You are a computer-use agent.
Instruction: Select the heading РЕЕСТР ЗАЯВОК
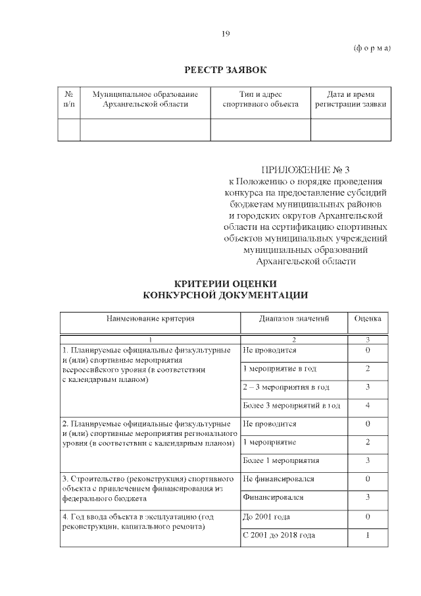[225, 69]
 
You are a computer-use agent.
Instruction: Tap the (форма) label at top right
[372, 49]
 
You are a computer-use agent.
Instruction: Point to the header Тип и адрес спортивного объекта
[260, 99]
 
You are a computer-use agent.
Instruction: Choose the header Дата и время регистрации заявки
[351, 99]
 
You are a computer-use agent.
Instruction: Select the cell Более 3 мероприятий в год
[291, 405]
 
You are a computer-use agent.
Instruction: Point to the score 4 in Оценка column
[368, 405]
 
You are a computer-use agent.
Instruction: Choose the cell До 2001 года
[266, 516]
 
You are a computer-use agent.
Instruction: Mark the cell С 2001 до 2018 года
[279, 535]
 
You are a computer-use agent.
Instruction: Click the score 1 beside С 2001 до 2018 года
[368, 535]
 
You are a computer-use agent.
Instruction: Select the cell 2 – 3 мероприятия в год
[286, 387]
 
